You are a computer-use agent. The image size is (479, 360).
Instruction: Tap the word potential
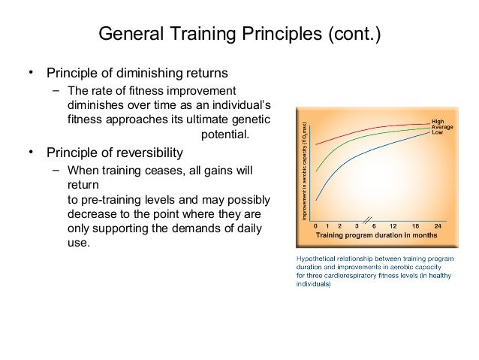pyautogui.click(x=225, y=135)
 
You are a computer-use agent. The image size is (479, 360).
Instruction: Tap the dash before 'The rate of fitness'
pyautogui.click(x=56, y=90)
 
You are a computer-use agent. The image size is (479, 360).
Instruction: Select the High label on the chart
pyautogui.click(x=436, y=121)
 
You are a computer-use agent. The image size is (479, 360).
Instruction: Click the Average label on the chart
pyautogui.click(x=441, y=126)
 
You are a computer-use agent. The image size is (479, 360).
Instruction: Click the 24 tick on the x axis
pyautogui.click(x=436, y=225)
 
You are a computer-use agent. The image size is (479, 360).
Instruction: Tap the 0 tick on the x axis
pyautogui.click(x=315, y=225)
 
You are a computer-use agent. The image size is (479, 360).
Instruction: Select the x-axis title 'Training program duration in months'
pyautogui.click(x=376, y=234)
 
